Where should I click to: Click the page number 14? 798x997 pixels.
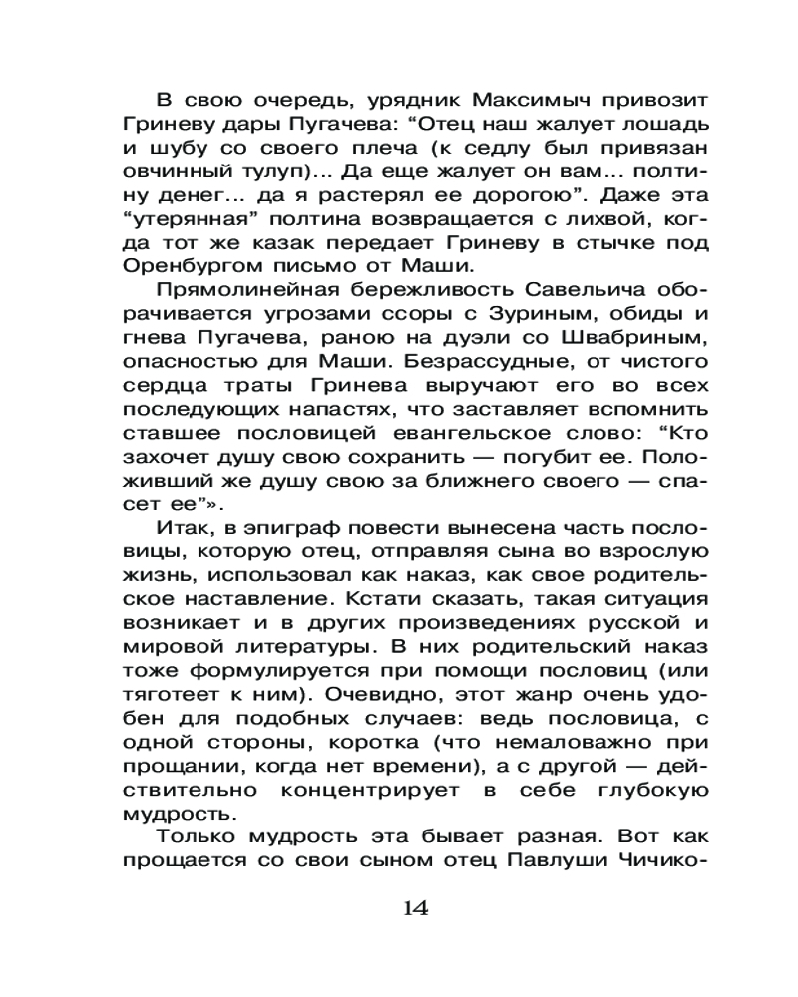(x=415, y=908)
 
